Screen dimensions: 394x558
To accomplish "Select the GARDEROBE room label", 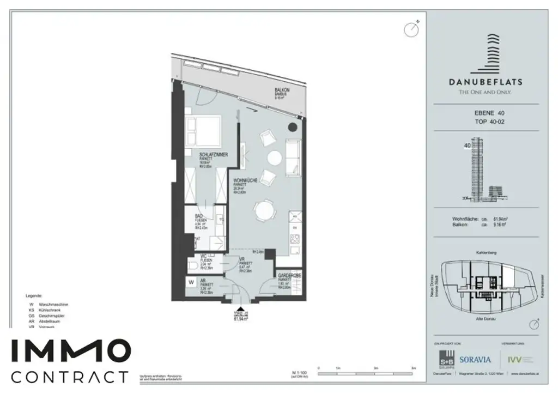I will (289, 277).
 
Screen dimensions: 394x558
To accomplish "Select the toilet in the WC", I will (194, 265).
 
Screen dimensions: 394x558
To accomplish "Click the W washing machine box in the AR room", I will (191, 282).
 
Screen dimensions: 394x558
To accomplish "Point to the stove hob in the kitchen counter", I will (295, 238).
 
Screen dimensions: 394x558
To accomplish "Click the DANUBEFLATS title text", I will (485, 82).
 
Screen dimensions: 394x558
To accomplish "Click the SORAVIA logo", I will (475, 360).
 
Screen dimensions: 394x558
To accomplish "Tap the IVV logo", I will (514, 359).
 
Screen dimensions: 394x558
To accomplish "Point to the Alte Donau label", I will (486, 318).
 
